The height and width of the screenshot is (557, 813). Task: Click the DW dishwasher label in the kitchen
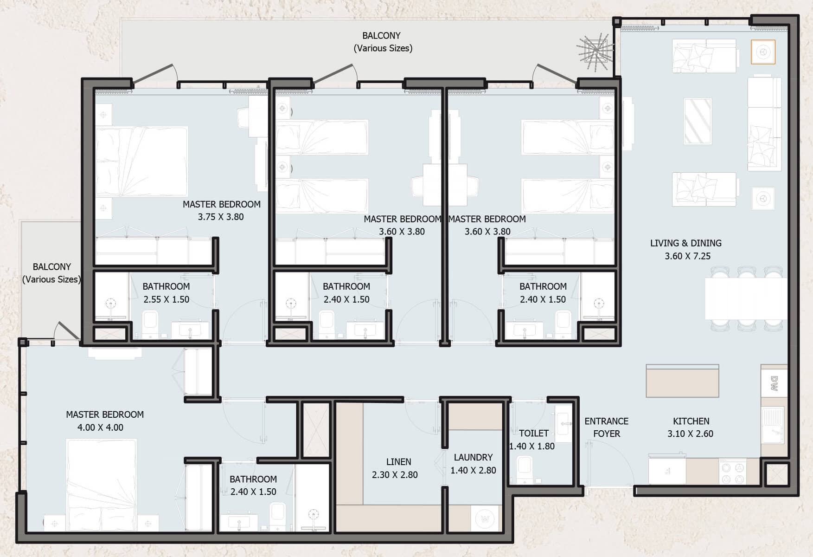click(x=774, y=383)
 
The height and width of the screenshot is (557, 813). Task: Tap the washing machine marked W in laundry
click(x=485, y=518)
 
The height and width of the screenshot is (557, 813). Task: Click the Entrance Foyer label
click(x=606, y=427)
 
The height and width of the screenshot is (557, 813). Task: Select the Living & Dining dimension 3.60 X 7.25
click(x=687, y=256)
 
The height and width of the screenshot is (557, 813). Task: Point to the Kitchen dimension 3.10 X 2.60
click(x=690, y=434)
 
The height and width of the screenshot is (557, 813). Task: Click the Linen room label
click(x=398, y=462)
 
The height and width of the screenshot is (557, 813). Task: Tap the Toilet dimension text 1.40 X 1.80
click(x=531, y=447)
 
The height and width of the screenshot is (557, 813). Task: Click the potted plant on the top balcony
click(x=595, y=52)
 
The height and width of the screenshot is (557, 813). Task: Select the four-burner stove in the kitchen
click(x=732, y=472)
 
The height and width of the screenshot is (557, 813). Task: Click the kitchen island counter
click(x=682, y=381)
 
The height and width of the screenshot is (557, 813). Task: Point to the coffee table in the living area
click(x=698, y=121)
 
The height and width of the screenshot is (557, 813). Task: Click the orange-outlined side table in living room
click(x=763, y=52)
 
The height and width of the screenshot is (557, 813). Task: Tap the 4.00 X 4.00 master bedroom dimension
click(x=100, y=427)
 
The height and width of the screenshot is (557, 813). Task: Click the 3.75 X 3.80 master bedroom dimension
click(x=221, y=217)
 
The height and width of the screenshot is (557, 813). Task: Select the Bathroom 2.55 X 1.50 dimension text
click(x=166, y=299)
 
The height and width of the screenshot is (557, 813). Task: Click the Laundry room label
click(x=473, y=458)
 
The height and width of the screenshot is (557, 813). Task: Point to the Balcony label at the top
click(x=381, y=36)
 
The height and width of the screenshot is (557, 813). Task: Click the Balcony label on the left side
click(x=51, y=267)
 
